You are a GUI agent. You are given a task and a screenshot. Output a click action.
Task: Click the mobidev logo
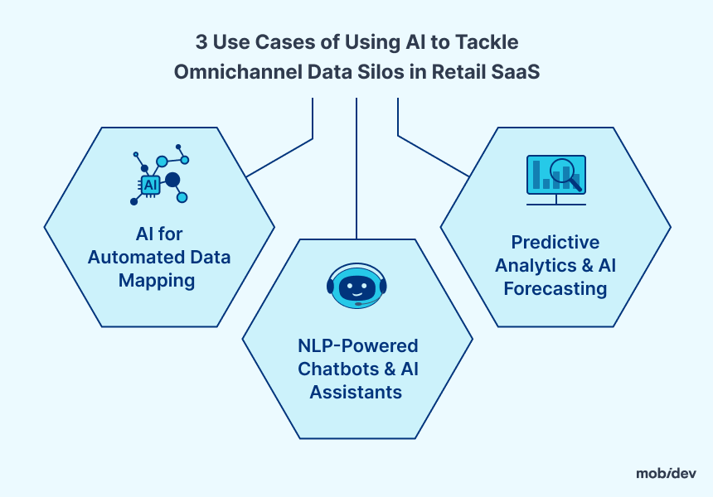(666, 473)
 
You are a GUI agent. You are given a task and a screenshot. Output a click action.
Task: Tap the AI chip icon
(150, 185)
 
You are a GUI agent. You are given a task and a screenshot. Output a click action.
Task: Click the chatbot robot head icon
(356, 286)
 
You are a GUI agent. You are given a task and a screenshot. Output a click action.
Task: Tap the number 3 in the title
(201, 42)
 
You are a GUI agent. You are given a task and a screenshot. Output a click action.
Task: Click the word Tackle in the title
(487, 42)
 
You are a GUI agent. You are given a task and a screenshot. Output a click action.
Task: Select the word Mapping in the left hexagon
(157, 280)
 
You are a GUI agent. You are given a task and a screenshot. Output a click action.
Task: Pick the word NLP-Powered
(358, 345)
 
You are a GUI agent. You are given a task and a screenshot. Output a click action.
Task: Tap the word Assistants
(356, 392)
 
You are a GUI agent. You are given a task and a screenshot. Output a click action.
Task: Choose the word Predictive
(555, 242)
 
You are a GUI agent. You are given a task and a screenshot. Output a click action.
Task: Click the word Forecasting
(555, 289)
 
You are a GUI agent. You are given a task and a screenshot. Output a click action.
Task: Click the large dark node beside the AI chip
(172, 180)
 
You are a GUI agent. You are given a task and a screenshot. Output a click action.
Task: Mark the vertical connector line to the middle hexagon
(356, 168)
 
